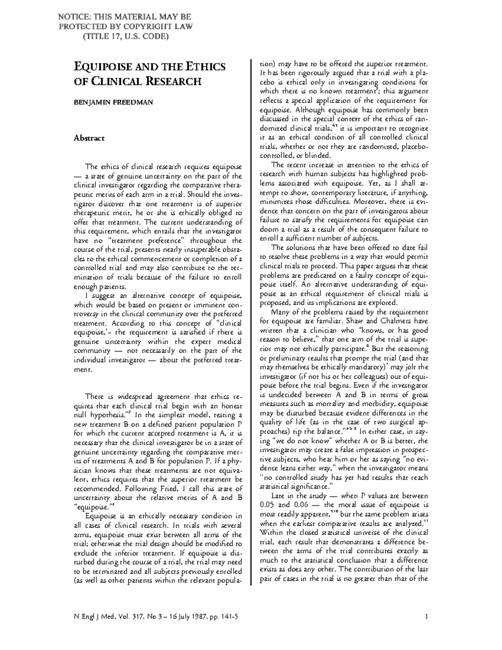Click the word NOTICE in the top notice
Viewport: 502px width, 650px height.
[74, 17]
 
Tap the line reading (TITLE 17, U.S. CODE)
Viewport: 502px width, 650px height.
[125, 36]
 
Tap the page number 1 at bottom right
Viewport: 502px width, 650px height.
[426, 617]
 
